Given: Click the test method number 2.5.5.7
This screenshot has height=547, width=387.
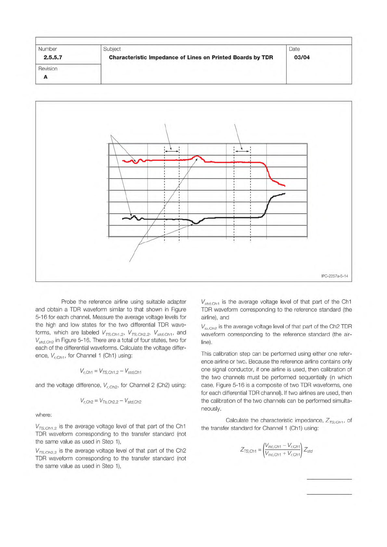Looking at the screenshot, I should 53,57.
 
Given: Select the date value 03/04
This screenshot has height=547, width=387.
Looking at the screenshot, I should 302,57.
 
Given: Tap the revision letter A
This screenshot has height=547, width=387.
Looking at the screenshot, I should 45,77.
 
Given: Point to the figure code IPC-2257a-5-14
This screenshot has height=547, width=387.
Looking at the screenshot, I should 334,276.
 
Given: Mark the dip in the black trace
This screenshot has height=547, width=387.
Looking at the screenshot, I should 196,223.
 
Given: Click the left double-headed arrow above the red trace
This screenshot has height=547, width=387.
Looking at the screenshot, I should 172,151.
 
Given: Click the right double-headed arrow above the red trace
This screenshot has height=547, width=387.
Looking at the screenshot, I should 242,151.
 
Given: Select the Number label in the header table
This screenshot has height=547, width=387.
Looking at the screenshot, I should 47,49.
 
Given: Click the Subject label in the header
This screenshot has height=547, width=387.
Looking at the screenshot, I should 112,49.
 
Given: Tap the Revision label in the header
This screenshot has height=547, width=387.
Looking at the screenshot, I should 48,69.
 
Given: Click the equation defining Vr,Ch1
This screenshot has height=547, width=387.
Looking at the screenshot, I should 110,371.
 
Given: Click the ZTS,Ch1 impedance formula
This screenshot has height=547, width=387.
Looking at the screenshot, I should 276,450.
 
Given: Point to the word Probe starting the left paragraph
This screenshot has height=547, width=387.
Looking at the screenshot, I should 69,302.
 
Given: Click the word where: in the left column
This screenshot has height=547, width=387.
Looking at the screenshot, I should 44,415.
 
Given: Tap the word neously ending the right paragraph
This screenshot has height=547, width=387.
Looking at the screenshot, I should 211,409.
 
